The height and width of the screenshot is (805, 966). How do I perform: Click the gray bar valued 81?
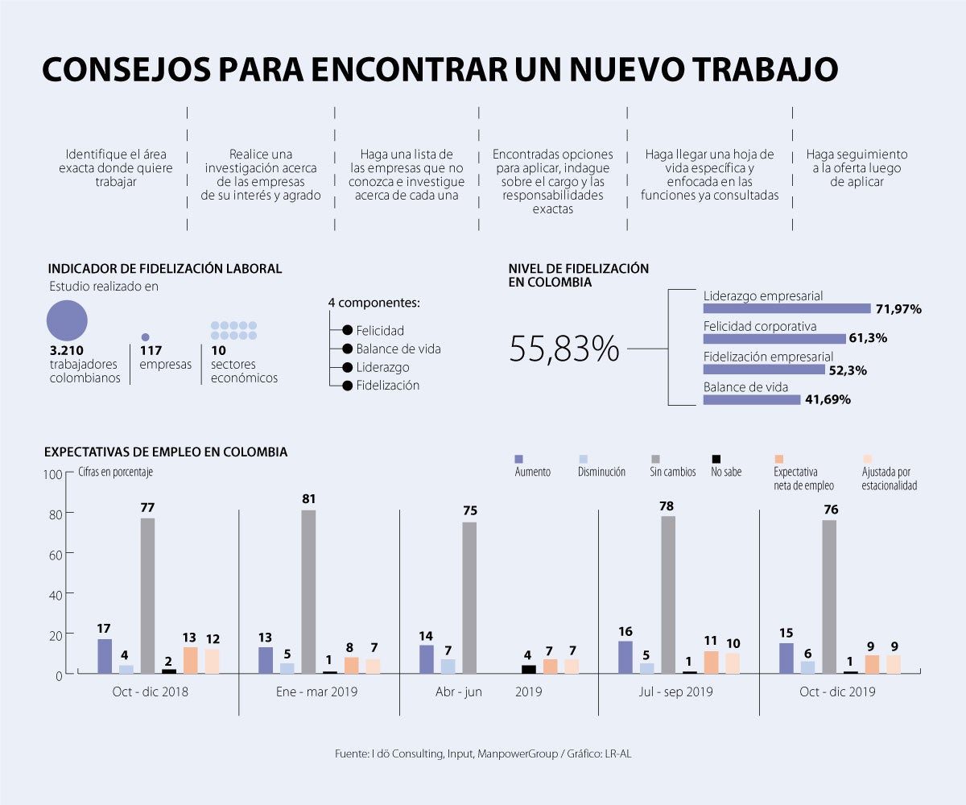point(308,591)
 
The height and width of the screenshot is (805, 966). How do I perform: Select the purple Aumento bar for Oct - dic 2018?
point(105,656)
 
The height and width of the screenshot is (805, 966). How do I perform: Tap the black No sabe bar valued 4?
point(528,669)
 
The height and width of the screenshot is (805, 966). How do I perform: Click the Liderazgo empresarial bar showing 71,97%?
point(786,308)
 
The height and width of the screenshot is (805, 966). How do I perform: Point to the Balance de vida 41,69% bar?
point(751,399)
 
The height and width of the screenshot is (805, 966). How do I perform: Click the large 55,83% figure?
point(564,349)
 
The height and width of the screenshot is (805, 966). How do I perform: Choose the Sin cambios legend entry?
point(672,472)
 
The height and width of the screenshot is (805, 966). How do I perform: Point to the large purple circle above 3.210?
point(67,320)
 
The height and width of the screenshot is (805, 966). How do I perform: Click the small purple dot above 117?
point(145,337)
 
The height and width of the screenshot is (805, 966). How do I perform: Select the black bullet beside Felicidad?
point(347,330)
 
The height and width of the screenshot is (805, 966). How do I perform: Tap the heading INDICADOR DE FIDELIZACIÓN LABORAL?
point(165,269)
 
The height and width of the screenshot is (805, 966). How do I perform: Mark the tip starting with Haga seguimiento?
point(859,167)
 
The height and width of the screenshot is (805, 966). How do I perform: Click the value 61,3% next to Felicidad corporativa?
point(868,338)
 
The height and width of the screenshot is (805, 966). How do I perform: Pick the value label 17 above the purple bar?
point(104,628)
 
